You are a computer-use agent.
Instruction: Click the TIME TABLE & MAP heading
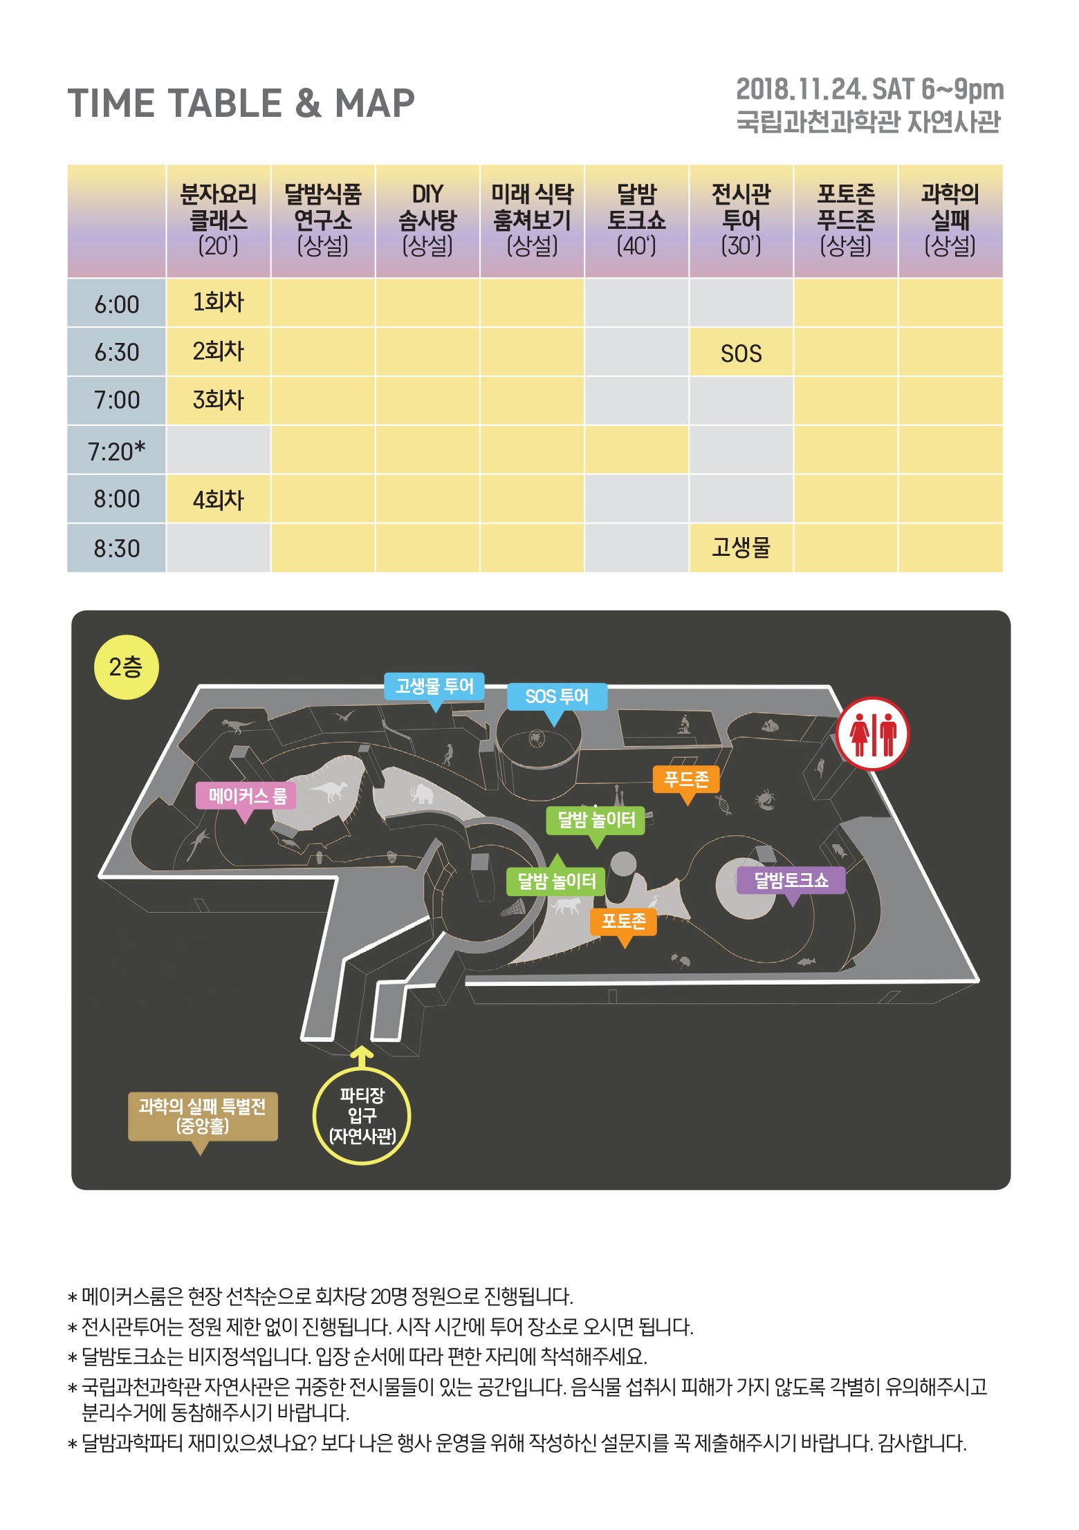pos(241,104)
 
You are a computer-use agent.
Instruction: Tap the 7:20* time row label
pos(116,451)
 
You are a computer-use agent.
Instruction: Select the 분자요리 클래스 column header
pos(219,220)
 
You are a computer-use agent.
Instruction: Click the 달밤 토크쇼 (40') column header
pos(636,220)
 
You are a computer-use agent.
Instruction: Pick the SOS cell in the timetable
pos(741,353)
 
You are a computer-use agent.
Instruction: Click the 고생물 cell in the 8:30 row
pos(741,548)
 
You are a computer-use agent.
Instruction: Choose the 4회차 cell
pos(219,499)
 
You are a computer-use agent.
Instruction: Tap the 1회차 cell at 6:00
pos(219,303)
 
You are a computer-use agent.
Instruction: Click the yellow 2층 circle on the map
pos(126,667)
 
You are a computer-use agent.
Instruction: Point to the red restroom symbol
pos(872,733)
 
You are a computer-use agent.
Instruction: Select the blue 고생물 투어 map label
pos(434,687)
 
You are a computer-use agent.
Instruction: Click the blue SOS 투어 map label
pos(557,698)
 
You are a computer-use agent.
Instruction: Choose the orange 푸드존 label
pos(686,781)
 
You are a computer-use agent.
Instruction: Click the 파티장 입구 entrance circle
pos(362,1116)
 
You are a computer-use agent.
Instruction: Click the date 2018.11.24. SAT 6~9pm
pos(869,89)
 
